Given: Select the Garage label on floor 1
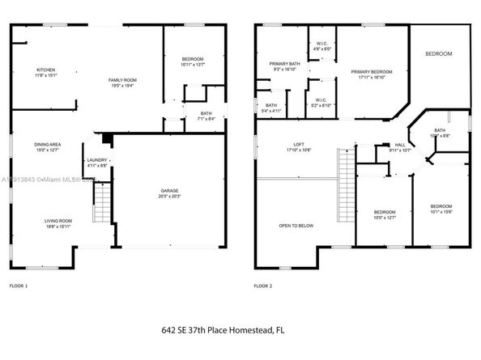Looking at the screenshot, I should [169, 193].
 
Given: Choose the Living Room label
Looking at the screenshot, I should [58, 223].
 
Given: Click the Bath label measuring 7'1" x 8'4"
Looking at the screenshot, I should [197, 116].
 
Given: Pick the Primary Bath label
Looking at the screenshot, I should [284, 66].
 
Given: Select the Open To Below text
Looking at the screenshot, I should [296, 226].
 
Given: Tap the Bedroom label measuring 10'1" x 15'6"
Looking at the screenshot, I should [441, 208].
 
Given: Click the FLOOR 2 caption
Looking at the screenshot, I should [263, 286].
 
